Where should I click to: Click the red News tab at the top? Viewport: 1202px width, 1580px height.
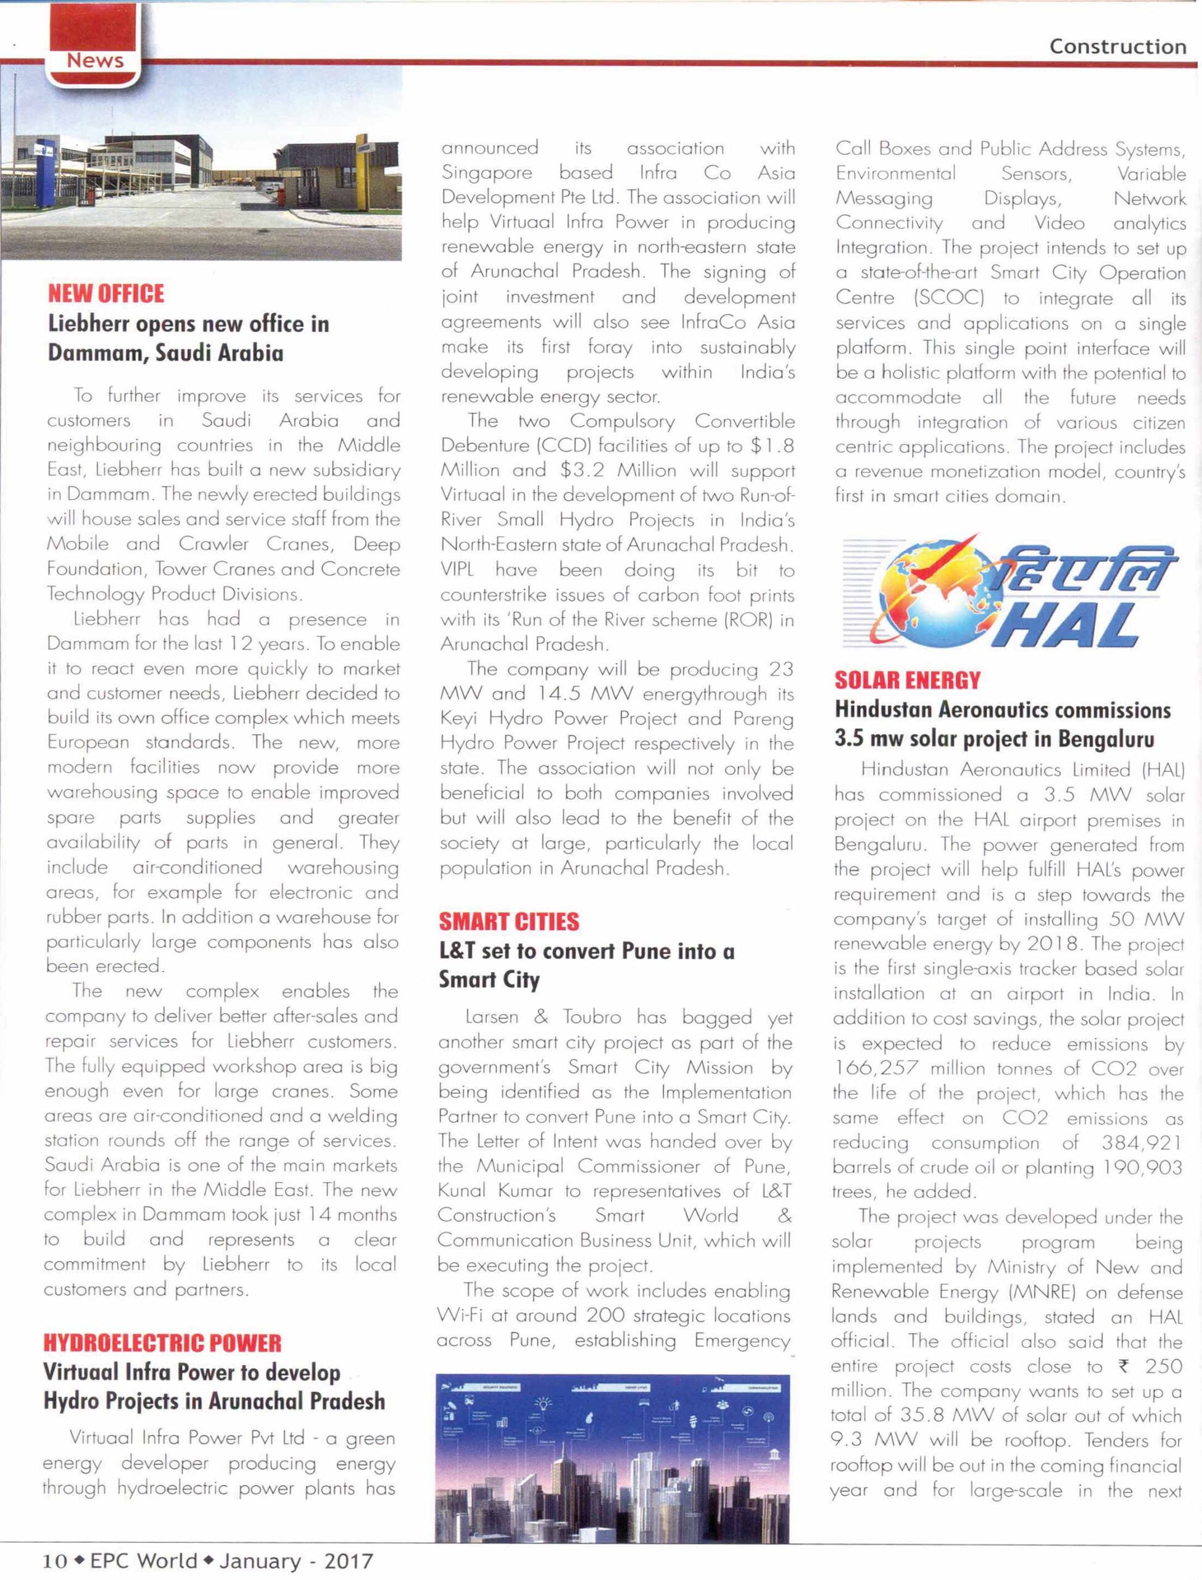click(94, 61)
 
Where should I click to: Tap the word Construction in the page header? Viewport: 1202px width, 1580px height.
click(1117, 48)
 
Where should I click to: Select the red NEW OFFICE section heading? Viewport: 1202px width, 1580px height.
click(106, 293)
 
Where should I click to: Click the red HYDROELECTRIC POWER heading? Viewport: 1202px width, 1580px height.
click(162, 1342)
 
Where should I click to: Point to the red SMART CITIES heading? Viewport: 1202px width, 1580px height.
click(508, 921)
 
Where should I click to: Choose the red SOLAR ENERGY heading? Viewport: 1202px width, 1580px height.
click(907, 680)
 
